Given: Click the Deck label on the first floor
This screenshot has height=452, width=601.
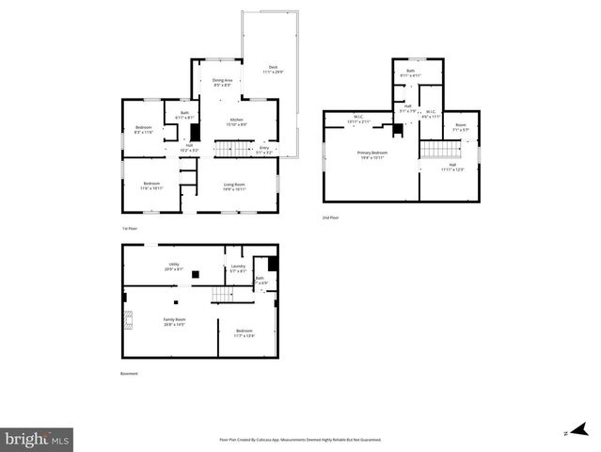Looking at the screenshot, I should point(273,69).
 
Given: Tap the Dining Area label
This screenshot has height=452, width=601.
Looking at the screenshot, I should point(222,83).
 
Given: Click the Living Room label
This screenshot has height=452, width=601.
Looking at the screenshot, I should point(234,186).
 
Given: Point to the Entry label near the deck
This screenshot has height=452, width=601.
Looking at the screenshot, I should point(264,149).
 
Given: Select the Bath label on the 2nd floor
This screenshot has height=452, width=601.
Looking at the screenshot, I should point(410,73).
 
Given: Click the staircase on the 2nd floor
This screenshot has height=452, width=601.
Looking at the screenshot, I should point(437,150).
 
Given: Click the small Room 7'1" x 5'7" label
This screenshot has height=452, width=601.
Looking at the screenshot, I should point(460,127).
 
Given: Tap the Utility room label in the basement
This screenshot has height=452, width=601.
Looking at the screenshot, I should point(174,266).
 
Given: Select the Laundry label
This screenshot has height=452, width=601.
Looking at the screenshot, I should point(237,268).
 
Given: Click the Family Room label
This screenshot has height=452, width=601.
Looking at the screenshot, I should point(174,321).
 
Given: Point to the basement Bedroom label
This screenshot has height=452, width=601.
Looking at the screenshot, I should point(245,332).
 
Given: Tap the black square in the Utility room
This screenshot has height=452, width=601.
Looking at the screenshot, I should point(195,275).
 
